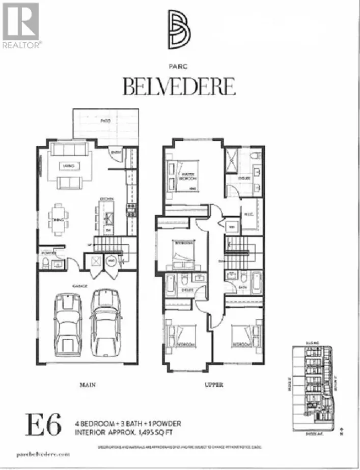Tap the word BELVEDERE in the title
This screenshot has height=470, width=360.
(x=179, y=86)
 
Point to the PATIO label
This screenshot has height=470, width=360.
(x=105, y=121)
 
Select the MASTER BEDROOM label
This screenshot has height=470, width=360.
(x=189, y=176)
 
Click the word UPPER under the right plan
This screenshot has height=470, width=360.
(x=214, y=385)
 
